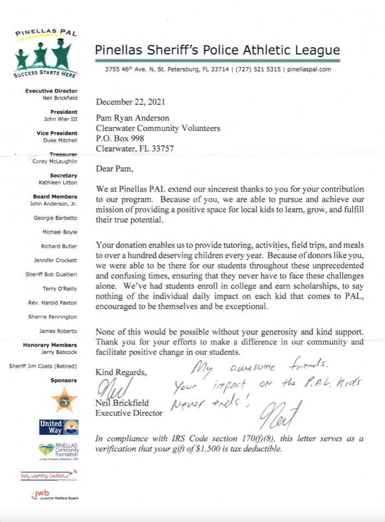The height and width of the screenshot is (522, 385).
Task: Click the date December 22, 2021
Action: click(x=130, y=102)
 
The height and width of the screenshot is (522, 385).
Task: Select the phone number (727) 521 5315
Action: click(x=258, y=69)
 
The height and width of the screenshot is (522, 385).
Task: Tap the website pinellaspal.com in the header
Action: click(x=308, y=69)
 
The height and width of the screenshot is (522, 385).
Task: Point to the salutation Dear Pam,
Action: click(x=116, y=168)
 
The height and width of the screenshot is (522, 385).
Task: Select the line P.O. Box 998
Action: click(x=120, y=138)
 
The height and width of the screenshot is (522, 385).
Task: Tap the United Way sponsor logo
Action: click(x=58, y=426)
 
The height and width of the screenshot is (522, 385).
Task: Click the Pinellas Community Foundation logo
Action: click(x=59, y=451)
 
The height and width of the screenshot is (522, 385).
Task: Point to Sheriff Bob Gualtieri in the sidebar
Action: click(x=52, y=274)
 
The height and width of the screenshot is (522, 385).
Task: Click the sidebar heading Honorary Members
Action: click(x=50, y=345)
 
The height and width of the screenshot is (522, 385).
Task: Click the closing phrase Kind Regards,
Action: click(x=121, y=372)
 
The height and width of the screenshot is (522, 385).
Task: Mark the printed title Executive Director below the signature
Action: click(x=129, y=413)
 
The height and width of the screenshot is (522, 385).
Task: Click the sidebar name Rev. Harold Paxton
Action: click(x=53, y=303)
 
